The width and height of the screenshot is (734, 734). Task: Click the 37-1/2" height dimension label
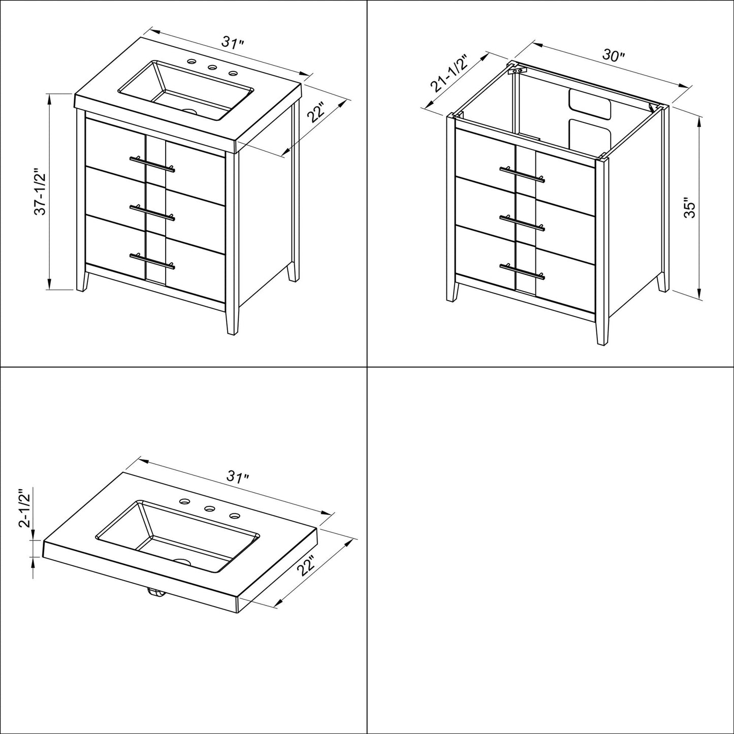coord(41,193)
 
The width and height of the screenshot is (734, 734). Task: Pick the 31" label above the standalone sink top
coord(237,477)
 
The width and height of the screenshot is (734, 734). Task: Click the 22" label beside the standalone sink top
coord(307,565)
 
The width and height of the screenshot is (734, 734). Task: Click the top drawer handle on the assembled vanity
coord(152,163)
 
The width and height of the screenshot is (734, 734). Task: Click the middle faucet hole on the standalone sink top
coord(208,507)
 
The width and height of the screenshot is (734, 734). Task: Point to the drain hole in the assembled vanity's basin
coord(189,110)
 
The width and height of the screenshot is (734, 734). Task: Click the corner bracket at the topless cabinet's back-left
coord(517,70)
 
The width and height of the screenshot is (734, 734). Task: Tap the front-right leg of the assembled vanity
coord(232,320)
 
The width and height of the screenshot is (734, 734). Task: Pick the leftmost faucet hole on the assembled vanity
coord(192,62)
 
